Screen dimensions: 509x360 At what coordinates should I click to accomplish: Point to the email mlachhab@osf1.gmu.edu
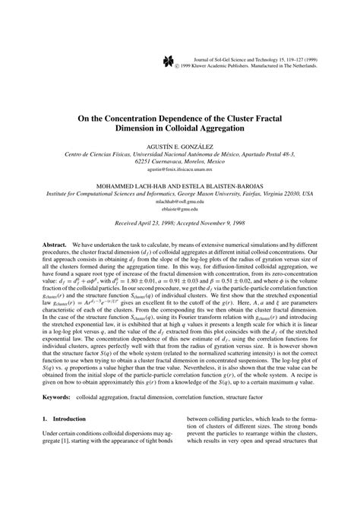(179, 203)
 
